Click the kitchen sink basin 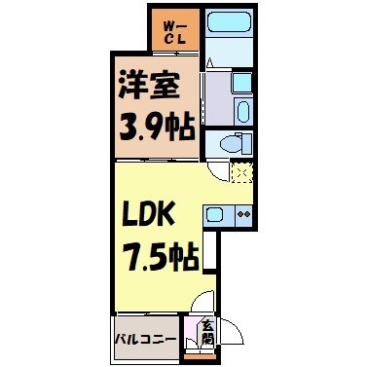pyautogui.click(x=217, y=213)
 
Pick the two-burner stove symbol pyautogui.click(x=242, y=213)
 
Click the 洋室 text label pyautogui.click(x=149, y=86)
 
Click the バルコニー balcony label pyautogui.click(x=147, y=339)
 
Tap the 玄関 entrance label pyautogui.click(x=207, y=333)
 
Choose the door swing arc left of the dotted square pyautogui.click(x=219, y=173)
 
